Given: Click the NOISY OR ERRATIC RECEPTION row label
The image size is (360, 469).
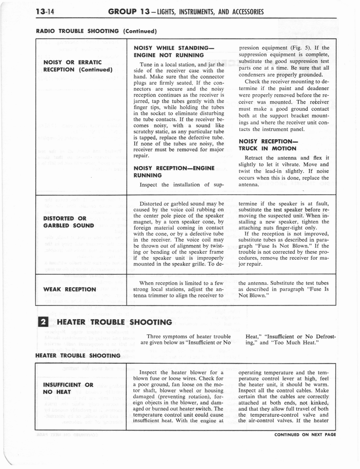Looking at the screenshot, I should (x=78, y=66).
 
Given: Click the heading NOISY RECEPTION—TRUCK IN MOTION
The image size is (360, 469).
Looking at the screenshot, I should (x=268, y=145).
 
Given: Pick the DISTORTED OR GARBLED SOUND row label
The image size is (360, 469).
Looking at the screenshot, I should (x=69, y=222).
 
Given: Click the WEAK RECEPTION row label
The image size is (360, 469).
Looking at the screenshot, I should (x=70, y=289).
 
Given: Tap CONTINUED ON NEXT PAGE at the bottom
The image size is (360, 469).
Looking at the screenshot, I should (x=305, y=435).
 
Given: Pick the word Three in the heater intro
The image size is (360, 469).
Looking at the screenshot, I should (x=156, y=336).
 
